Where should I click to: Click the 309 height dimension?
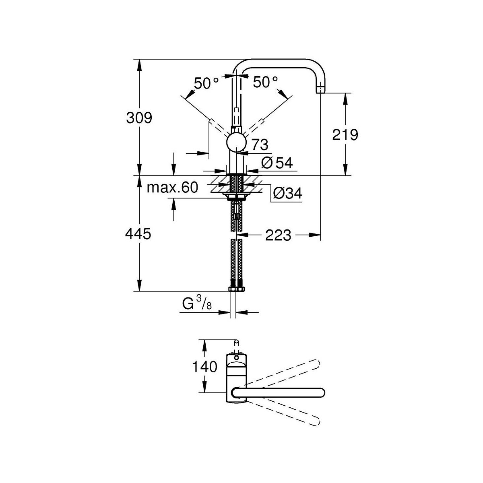[139, 118]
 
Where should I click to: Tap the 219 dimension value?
[345, 135]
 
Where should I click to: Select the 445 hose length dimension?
[138, 234]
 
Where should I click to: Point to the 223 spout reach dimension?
[278, 235]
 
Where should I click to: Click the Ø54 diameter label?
[277, 163]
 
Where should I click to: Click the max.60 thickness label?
[172, 187]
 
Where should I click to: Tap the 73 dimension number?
[260, 144]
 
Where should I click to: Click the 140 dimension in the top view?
[205, 367]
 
